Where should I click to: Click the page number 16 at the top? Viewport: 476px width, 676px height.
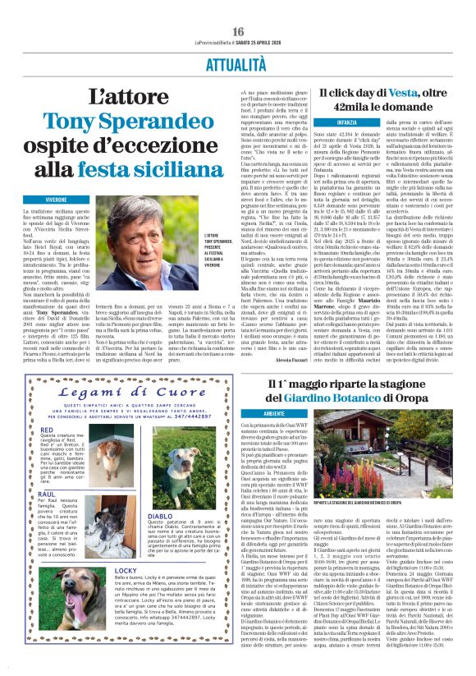coord(238,30)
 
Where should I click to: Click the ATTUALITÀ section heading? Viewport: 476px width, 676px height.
coord(237,62)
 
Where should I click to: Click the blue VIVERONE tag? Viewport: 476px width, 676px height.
coord(56,200)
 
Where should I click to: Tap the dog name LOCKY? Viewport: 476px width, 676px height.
coord(126,569)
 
